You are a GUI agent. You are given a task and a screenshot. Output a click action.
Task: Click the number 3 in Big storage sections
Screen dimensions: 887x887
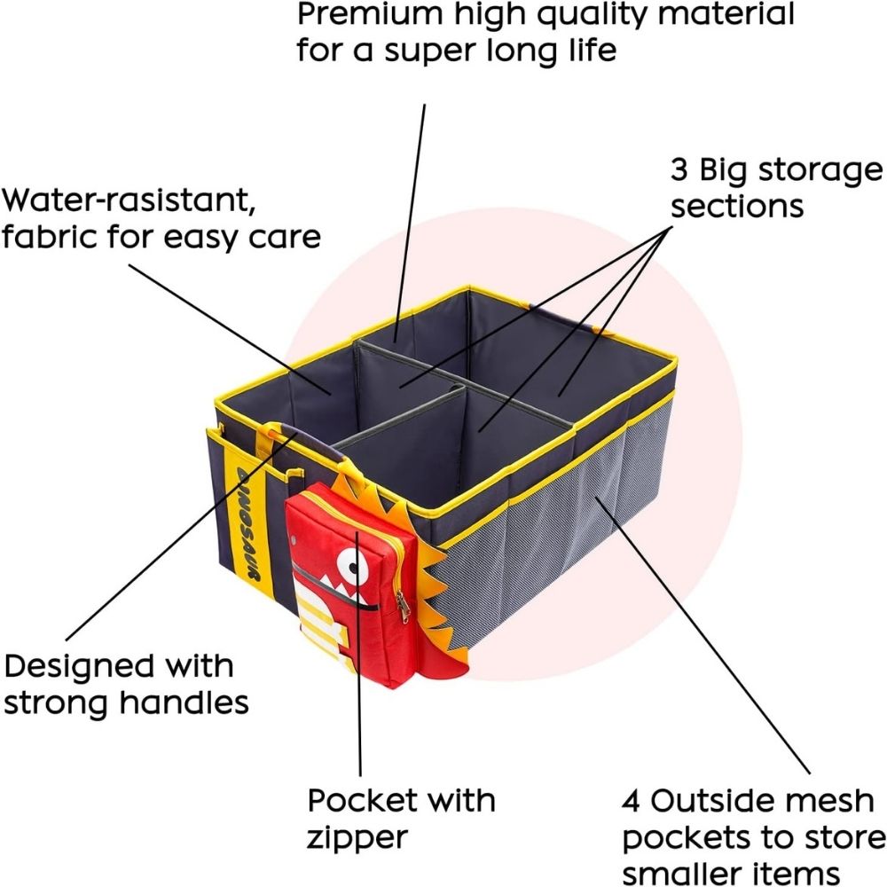point(679,169)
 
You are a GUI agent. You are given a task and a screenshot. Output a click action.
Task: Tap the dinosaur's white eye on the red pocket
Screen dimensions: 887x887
point(357,562)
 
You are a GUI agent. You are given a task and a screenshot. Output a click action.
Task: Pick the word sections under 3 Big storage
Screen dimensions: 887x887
point(736,205)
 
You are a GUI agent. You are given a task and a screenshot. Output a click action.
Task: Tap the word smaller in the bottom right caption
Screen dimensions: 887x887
point(694,872)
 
